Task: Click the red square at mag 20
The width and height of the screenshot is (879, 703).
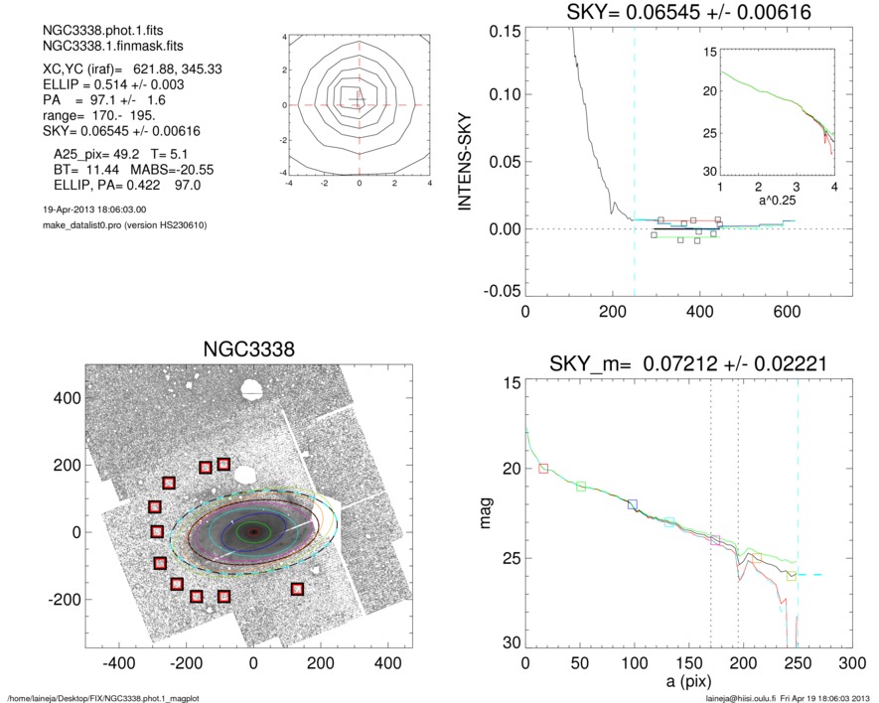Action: pos(543,468)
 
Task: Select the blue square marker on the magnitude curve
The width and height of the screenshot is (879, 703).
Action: pos(633,505)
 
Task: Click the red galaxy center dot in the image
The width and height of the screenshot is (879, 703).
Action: pos(254,532)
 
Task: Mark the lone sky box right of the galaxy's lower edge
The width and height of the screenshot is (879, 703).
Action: pos(297,589)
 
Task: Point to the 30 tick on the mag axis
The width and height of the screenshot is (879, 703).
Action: pos(505,643)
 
